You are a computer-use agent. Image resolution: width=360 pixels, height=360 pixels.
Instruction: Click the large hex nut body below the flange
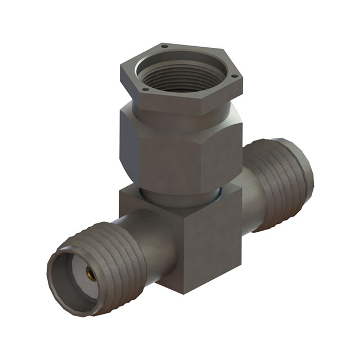169,146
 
